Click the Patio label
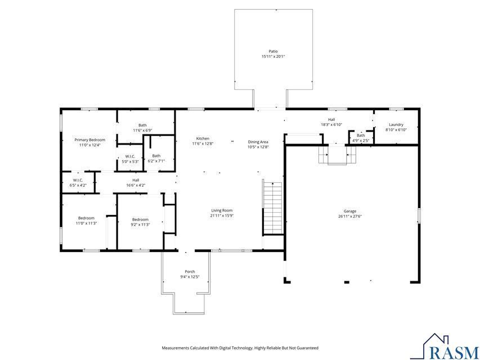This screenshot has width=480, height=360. pos(273,51)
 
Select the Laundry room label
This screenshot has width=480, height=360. pos(396,124)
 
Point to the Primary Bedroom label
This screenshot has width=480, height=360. pos(90,139)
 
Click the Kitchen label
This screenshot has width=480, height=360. pos(203,138)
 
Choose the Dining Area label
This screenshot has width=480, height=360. pos(258,142)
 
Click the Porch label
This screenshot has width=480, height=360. pos(190,272)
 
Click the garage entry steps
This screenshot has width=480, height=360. pos(337,154)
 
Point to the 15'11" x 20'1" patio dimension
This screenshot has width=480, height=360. pos(273,57)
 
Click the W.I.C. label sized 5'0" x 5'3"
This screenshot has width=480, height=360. pos(130,156)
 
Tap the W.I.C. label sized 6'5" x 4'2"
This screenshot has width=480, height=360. pos(78,180)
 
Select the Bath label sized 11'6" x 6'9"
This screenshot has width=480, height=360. pos(142,125)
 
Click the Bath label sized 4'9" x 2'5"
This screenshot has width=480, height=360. pos(361,135)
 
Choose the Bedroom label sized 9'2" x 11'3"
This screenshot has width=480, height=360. pos(140,219)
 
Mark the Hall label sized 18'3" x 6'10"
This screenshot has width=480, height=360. pos(331,119)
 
